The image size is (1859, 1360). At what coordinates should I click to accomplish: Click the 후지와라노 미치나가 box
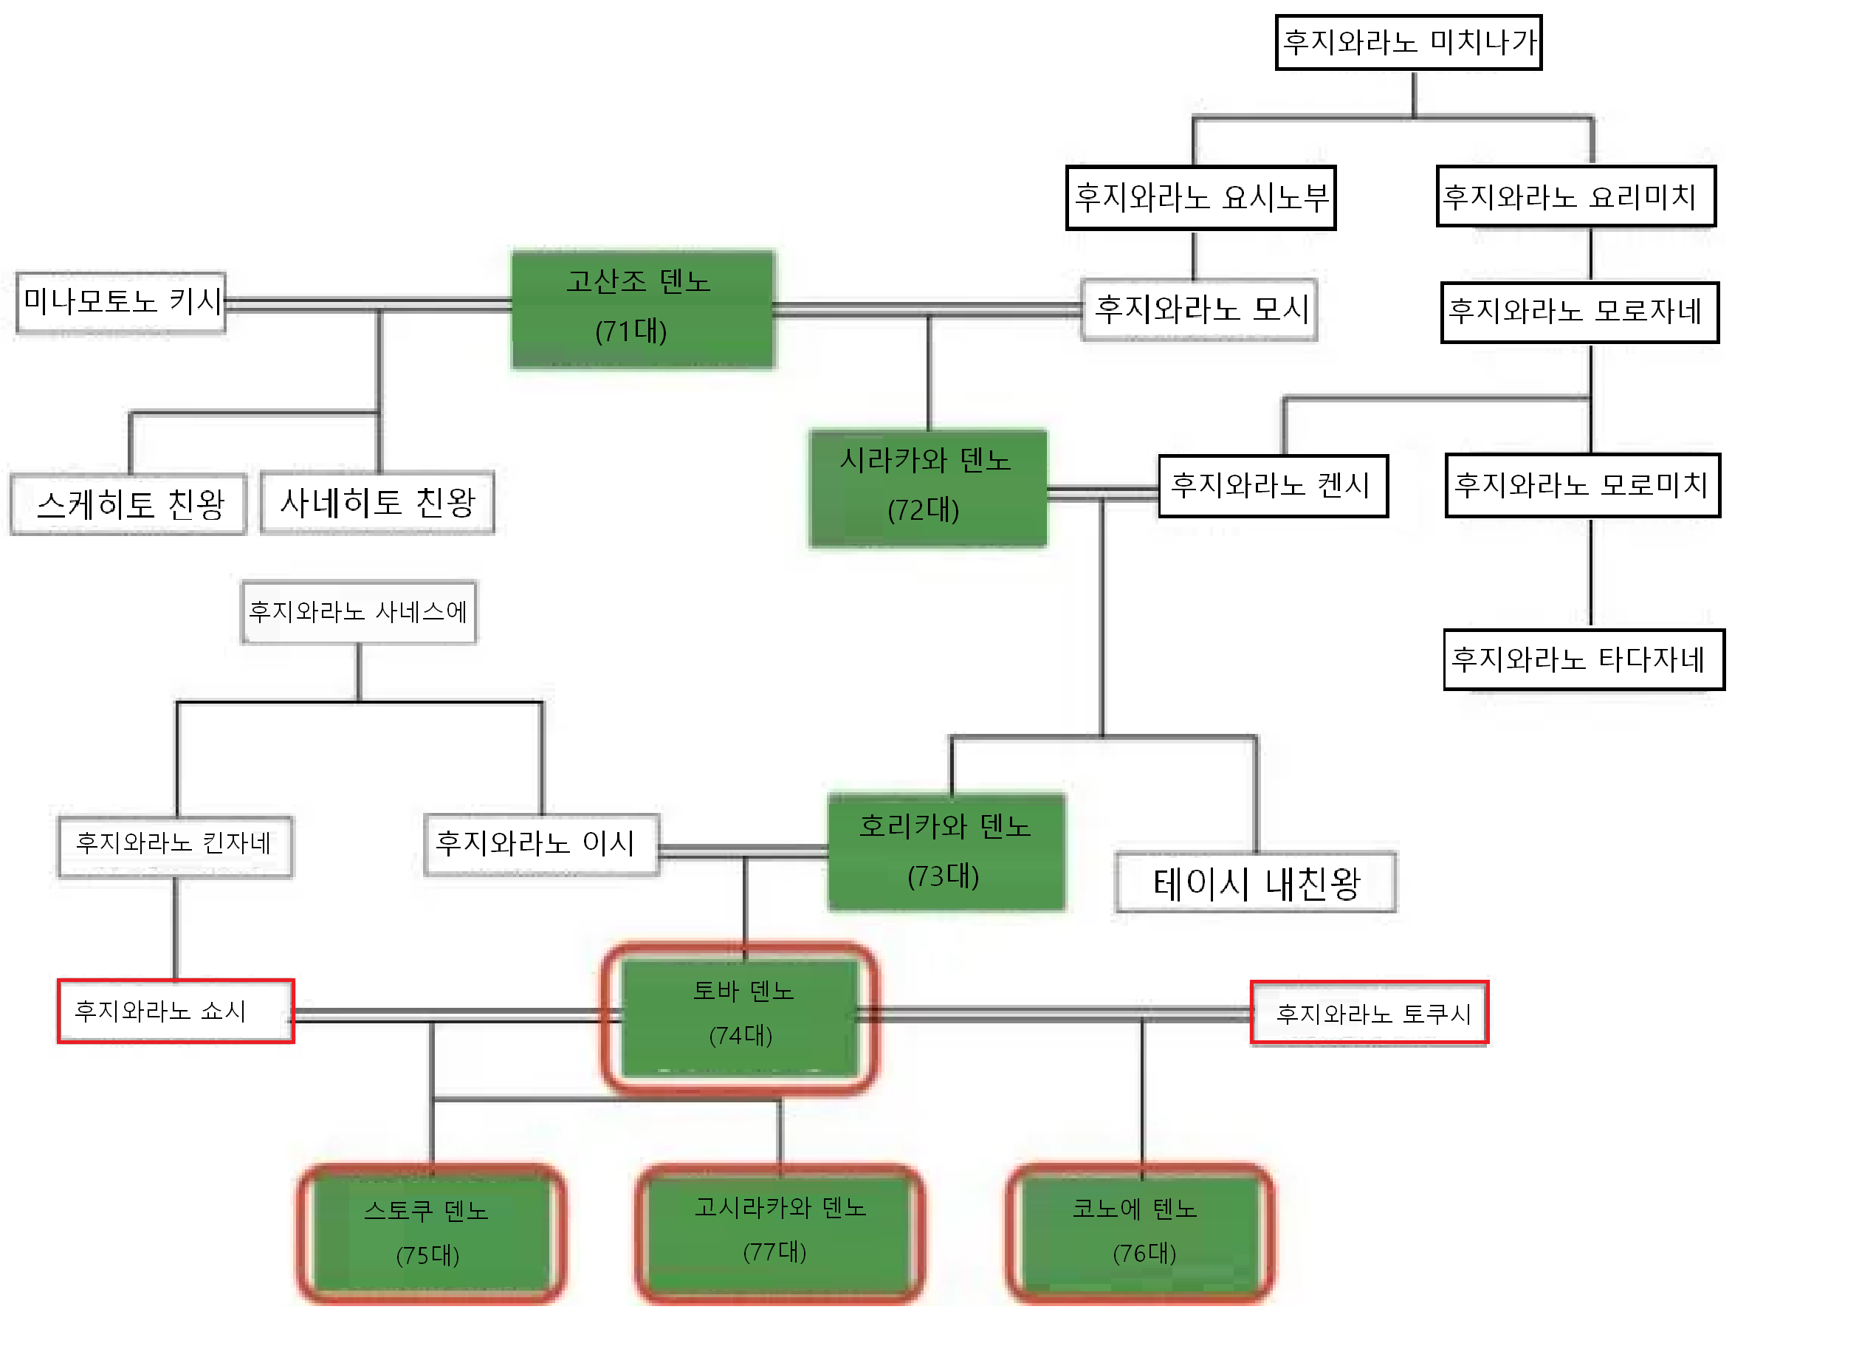(x=1408, y=42)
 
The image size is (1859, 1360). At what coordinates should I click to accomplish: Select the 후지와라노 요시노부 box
(x=1200, y=198)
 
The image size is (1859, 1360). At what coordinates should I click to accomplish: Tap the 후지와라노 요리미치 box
(x=1575, y=196)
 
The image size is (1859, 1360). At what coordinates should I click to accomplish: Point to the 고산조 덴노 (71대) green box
(x=643, y=308)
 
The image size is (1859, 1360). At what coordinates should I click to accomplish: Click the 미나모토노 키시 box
(x=121, y=302)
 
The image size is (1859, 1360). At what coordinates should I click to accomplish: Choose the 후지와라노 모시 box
(x=1199, y=309)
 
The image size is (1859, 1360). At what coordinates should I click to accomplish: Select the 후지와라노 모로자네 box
(x=1579, y=312)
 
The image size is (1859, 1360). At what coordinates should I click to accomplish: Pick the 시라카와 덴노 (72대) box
(x=928, y=487)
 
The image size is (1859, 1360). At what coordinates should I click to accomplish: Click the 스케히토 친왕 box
(x=128, y=504)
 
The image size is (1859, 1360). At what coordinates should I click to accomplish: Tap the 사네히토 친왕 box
(x=377, y=502)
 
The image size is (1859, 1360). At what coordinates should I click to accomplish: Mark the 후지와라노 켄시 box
(x=1273, y=486)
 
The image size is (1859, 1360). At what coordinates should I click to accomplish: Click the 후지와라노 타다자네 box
(x=1583, y=659)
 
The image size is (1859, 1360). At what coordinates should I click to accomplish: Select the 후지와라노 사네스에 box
(x=358, y=611)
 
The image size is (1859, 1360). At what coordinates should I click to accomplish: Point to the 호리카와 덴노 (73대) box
(x=946, y=851)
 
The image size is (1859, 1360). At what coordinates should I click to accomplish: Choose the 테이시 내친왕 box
(x=1256, y=882)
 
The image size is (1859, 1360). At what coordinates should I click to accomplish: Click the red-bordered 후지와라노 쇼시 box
(x=176, y=1011)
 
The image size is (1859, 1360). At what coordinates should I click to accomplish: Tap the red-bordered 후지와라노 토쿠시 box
(x=1369, y=1014)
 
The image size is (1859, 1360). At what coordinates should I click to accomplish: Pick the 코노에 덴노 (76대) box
(x=1139, y=1232)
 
